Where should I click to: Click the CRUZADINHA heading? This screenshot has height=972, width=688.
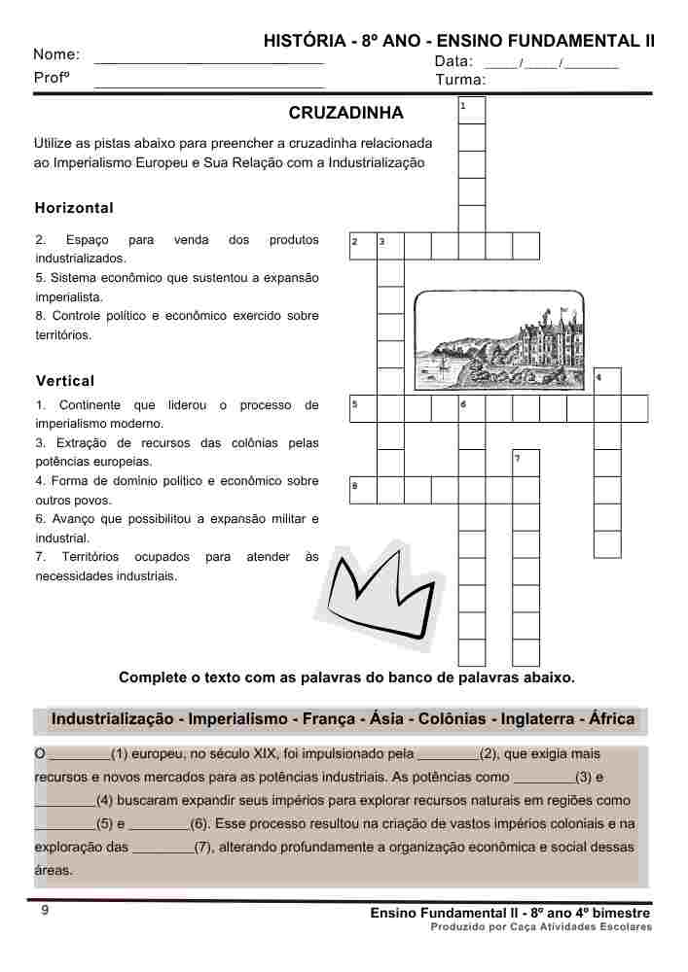tap(345, 114)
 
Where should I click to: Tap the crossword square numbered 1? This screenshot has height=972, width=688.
tap(471, 110)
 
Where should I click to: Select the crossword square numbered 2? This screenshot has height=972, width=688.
tap(362, 246)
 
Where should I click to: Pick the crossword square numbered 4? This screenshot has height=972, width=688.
tap(607, 381)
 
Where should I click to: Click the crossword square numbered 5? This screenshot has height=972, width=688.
tap(362, 408)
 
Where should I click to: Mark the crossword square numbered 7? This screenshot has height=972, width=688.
tap(525, 463)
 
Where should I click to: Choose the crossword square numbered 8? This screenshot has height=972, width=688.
tap(362, 490)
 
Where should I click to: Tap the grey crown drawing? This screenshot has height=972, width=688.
tap(381, 593)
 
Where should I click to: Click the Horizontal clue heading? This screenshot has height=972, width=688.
tap(74, 208)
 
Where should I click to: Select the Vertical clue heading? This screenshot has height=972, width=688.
tap(65, 380)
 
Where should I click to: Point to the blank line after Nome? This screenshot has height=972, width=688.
tap(209, 60)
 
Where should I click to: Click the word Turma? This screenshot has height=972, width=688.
tap(461, 80)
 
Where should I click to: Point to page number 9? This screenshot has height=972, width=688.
tap(45, 911)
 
